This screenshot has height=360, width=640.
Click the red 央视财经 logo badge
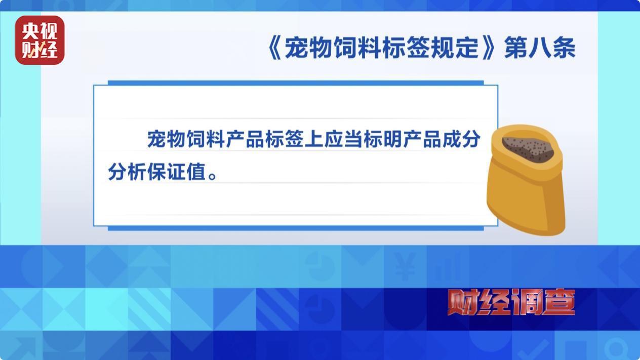39,40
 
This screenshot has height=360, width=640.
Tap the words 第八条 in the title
540,48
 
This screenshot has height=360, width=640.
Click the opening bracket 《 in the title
275,48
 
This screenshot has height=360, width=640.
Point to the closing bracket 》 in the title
488,48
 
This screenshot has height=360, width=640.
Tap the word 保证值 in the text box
177,172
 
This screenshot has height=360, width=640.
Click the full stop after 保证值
213,175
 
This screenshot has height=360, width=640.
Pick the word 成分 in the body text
461,139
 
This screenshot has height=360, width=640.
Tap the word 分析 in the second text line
127,172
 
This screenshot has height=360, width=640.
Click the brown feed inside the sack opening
528,148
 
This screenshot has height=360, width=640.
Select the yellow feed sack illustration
526,180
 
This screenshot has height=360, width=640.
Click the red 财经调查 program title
511,302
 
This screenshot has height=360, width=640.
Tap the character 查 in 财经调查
558,302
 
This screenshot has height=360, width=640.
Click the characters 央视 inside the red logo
39,31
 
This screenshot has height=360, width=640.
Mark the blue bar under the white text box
296,228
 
